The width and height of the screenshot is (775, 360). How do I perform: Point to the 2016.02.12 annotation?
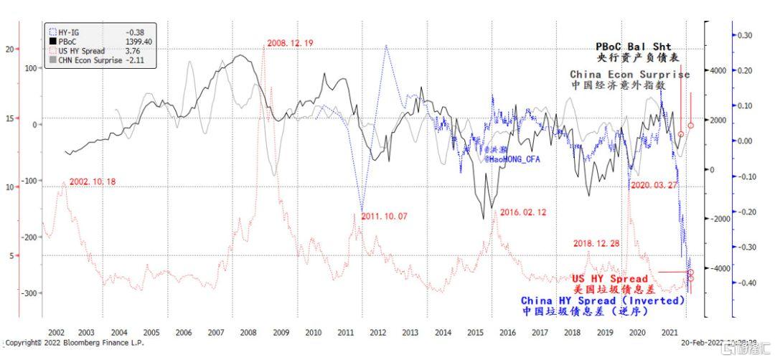pos(524,212)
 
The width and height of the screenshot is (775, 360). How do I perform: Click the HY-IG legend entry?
pos(68,32)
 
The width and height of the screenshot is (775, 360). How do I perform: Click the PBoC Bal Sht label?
pos(634,47)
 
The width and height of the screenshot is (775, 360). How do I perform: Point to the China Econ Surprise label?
pos(629,75)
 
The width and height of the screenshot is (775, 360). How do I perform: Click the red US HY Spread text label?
pos(610,278)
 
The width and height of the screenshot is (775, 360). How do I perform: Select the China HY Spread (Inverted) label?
pos(603,300)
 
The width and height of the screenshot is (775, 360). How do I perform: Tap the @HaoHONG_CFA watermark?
pos(510,158)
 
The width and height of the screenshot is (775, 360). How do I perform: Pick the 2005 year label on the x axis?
pos(151,333)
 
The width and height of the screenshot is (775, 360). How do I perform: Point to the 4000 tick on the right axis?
pos(718,70)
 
